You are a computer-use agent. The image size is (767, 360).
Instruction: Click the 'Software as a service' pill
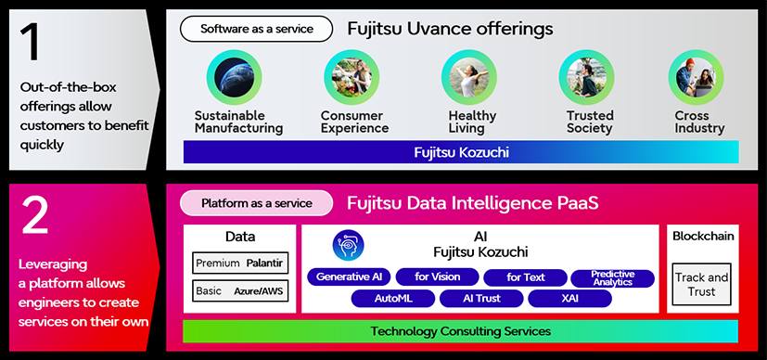[x=256, y=29]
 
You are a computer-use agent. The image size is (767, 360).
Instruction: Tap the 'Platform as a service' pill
[x=256, y=202]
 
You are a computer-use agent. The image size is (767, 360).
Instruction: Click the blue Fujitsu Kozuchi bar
[x=461, y=152]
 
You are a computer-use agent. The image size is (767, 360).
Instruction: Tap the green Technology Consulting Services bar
[x=461, y=331]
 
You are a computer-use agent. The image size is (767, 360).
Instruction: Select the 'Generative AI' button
[x=349, y=277]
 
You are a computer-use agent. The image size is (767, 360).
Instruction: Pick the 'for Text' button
[x=526, y=277]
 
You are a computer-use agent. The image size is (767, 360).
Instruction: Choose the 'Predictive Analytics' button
[x=613, y=277]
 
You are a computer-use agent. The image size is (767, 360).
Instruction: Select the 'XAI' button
[x=569, y=299]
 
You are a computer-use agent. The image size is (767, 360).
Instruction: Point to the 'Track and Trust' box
[x=701, y=285]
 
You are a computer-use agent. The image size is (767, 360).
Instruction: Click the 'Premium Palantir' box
[x=239, y=264]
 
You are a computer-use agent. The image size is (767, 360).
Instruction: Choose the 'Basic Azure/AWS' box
[x=239, y=291]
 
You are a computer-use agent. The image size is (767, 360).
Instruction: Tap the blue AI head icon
[x=349, y=245]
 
